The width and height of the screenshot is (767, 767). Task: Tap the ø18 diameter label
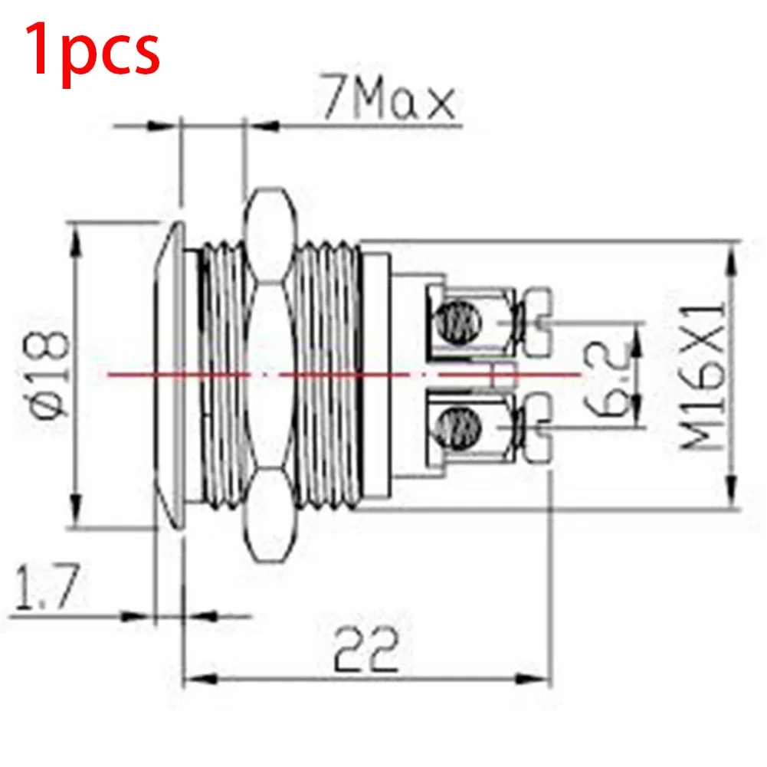[48, 374]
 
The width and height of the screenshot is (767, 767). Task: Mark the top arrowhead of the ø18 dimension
[75, 238]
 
